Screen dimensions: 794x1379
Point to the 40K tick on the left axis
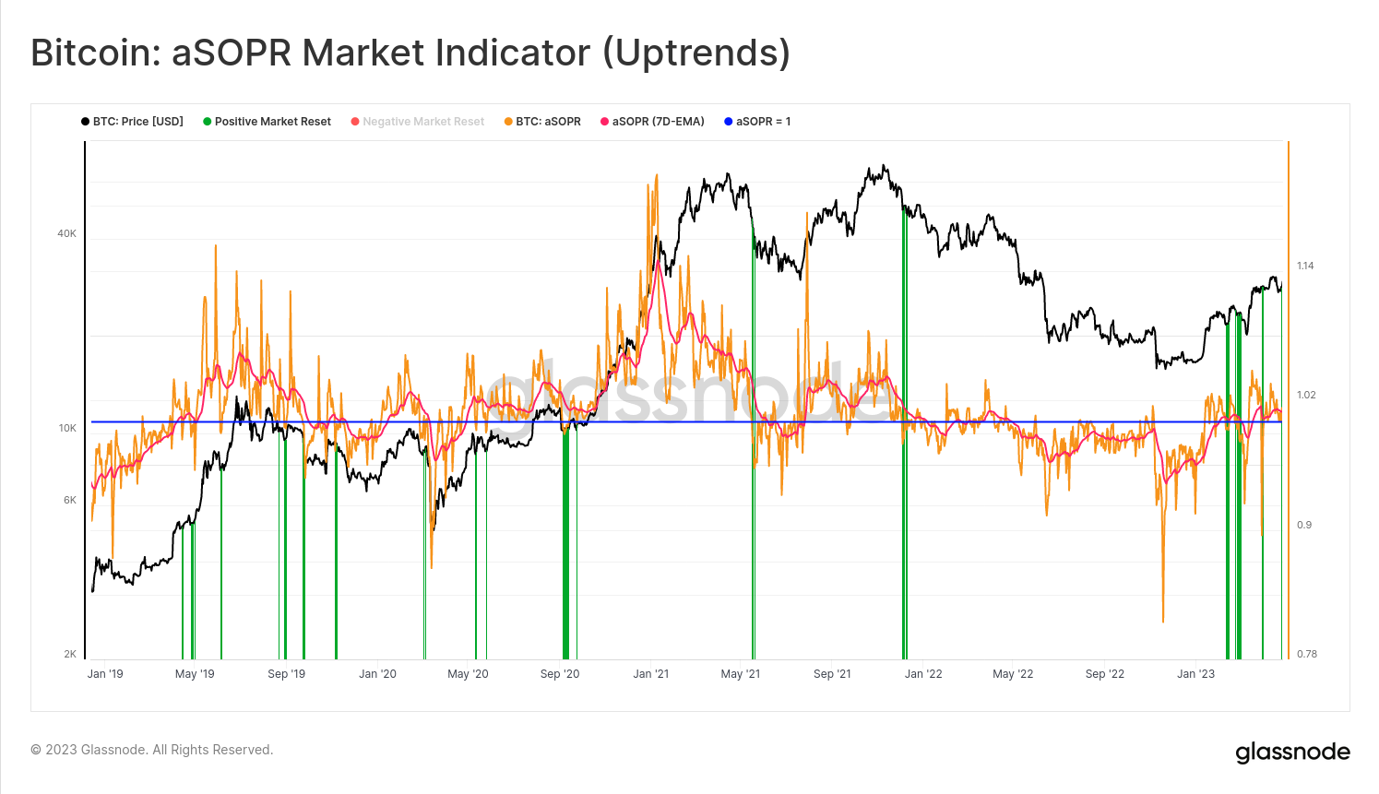[67, 234]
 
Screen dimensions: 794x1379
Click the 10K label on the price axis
[67, 429]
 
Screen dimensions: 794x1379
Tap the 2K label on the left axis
[70, 655]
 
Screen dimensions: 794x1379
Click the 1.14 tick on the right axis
[1305, 267]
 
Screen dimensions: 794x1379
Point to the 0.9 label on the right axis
[1303, 526]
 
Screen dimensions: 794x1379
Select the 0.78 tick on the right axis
[1306, 655]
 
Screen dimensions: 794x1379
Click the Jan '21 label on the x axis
[650, 674]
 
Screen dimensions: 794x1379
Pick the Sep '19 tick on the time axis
[286, 674]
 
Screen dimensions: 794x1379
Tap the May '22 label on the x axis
[1013, 674]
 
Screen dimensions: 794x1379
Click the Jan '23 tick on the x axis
[1195, 674]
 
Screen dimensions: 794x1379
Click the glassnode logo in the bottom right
[1292, 753]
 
